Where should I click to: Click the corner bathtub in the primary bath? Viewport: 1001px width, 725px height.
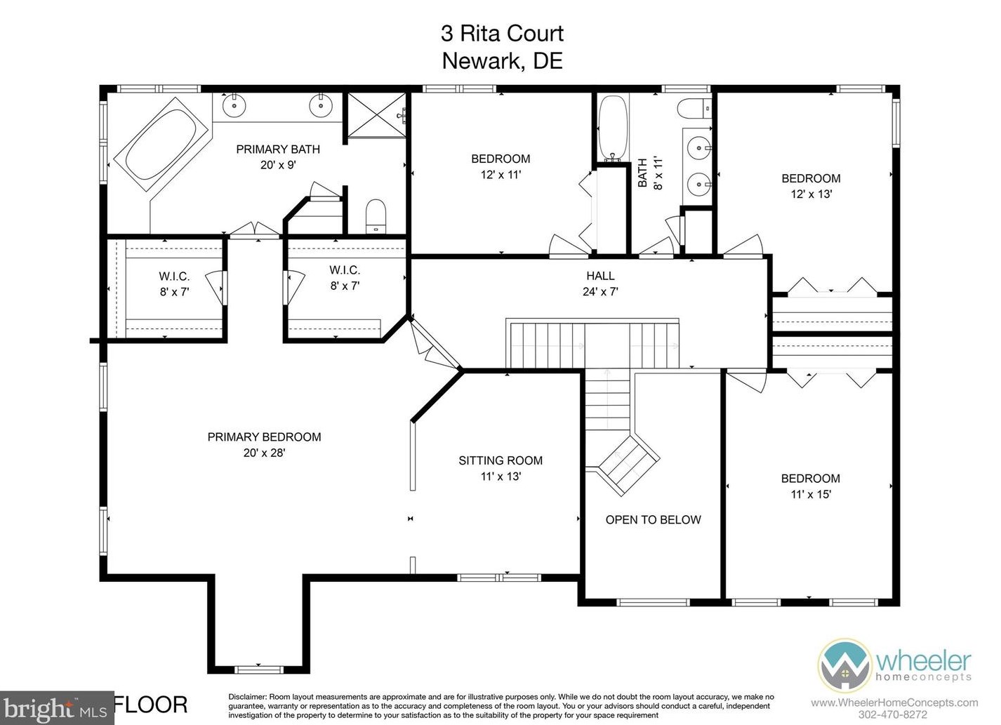[x=161, y=145]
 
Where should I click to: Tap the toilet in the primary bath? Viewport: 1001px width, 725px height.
[x=376, y=216]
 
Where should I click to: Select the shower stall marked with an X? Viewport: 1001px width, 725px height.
[x=377, y=115]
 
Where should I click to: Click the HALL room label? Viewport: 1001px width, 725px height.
[x=600, y=276]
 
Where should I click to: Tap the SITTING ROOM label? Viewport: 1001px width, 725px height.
[x=500, y=460]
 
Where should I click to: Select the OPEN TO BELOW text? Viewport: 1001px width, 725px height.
[x=653, y=520]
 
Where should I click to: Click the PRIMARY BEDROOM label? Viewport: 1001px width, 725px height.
[x=264, y=437]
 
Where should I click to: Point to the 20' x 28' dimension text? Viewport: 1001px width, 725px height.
[x=264, y=453]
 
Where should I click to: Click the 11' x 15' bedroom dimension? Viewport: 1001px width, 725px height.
[x=811, y=495]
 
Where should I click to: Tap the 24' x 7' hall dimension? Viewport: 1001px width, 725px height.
[x=600, y=292]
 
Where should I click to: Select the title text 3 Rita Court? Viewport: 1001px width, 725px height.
[x=503, y=34]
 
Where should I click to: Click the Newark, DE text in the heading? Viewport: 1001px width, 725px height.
[x=503, y=61]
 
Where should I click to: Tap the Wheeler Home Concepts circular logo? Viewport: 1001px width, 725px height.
[x=844, y=665]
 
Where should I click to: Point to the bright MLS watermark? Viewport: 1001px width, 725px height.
[x=57, y=708]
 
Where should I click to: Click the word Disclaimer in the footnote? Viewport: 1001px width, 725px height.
[x=248, y=697]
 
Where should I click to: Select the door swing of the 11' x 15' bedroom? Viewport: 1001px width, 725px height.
[x=747, y=383]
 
